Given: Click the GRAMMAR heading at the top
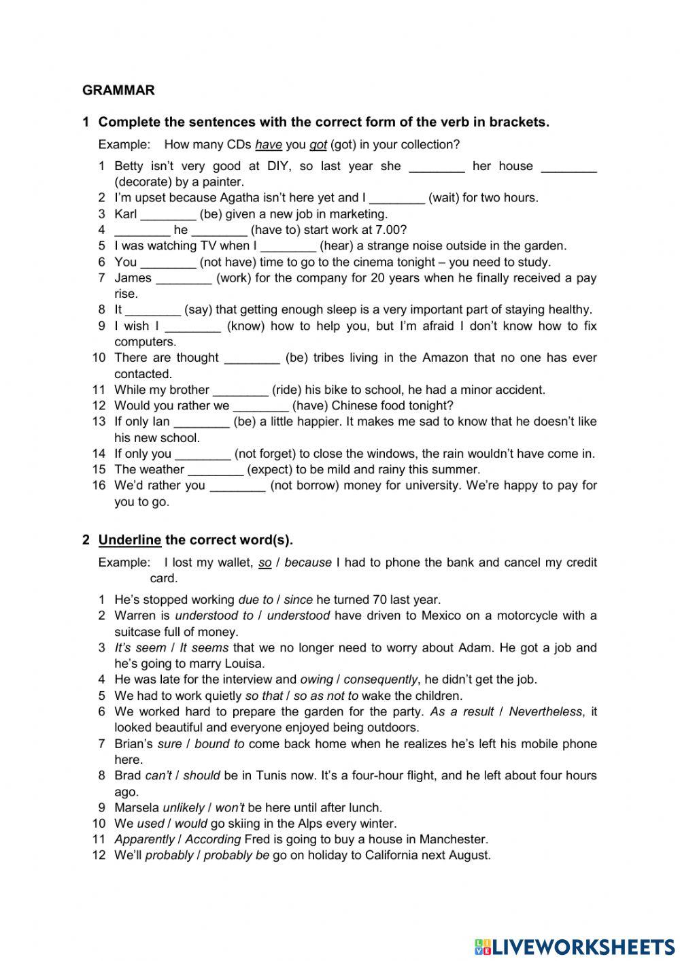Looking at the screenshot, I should [x=118, y=90].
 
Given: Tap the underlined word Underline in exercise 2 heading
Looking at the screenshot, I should [x=130, y=540].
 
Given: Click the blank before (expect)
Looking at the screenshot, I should [x=215, y=470].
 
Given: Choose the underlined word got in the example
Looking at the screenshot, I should [x=318, y=145].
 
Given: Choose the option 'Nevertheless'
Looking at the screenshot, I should [x=545, y=711].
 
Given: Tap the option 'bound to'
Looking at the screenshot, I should [x=219, y=743].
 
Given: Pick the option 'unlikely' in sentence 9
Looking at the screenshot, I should [x=184, y=807].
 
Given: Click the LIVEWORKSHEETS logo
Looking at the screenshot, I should [x=574, y=946].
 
